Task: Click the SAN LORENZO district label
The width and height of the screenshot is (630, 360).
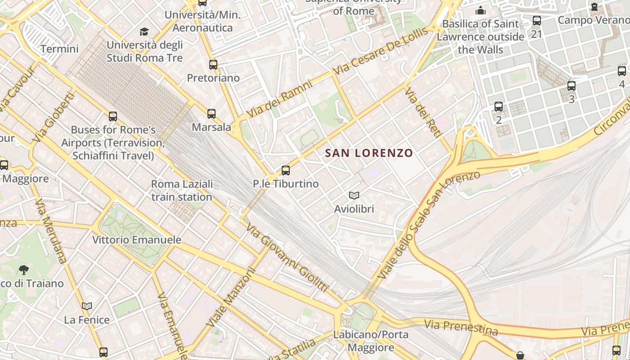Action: click(x=369, y=153)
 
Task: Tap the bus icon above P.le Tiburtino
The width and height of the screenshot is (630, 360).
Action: click(x=285, y=171)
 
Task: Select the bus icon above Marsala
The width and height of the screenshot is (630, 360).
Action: click(x=211, y=114)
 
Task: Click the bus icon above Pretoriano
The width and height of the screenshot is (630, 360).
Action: click(x=213, y=65)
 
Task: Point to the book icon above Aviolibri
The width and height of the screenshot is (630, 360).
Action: click(x=354, y=195)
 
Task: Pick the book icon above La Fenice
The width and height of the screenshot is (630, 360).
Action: click(x=87, y=306)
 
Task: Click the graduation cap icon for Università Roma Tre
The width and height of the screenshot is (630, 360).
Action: click(x=144, y=31)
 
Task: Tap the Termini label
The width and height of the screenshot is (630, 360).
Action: click(x=59, y=49)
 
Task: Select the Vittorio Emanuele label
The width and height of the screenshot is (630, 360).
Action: click(x=137, y=239)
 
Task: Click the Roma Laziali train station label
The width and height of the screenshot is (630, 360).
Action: click(x=182, y=190)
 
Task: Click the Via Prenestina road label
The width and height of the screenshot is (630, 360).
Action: click(x=461, y=327)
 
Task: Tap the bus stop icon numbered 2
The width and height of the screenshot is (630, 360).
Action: click(x=499, y=107)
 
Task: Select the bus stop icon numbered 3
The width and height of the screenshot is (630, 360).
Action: click(x=571, y=85)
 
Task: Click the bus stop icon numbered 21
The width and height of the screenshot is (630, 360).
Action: click(x=536, y=21)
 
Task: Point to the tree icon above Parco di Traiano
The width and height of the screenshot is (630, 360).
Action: click(x=24, y=270)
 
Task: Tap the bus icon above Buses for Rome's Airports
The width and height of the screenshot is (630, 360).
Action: click(x=113, y=117)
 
